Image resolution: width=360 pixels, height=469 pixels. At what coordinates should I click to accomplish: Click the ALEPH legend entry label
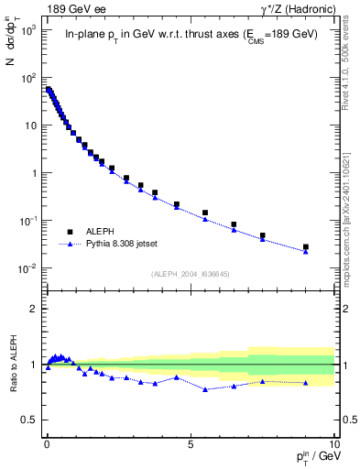click(x=98, y=233)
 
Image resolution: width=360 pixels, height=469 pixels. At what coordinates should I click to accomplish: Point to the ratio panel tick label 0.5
click(x=29, y=420)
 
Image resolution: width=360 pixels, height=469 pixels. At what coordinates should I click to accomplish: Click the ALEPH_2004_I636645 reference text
click(x=191, y=274)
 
